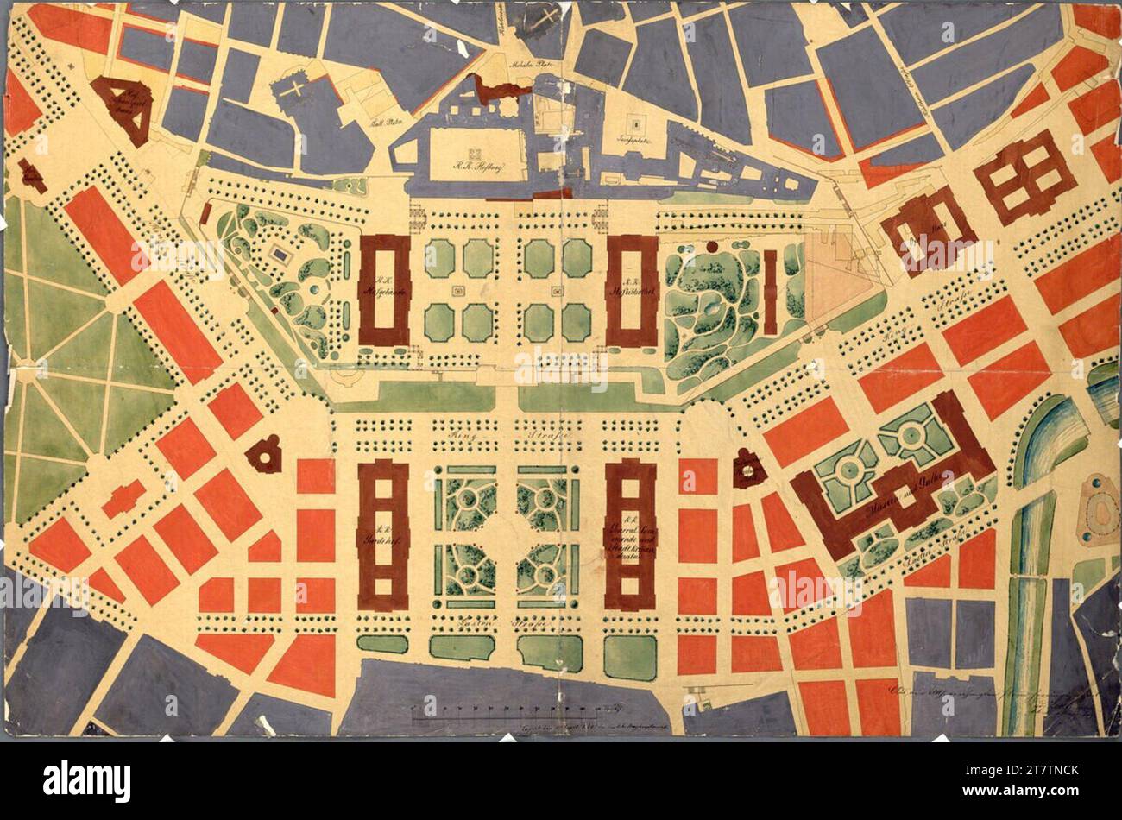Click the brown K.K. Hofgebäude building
tap(384, 290)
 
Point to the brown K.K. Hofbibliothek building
tap(632, 290)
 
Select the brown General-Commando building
tap(630, 535)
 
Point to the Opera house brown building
tap(928, 231)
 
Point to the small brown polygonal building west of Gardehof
tap(264, 454)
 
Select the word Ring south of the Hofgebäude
tap(463, 438)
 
